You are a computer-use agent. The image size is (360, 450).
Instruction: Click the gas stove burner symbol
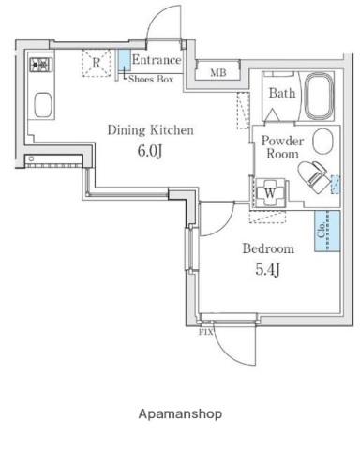(41, 65)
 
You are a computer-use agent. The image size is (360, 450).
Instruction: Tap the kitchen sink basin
(42, 105)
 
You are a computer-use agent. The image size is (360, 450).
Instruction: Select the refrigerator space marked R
(97, 63)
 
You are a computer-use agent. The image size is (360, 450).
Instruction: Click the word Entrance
(157, 60)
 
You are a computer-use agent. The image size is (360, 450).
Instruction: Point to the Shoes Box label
(151, 79)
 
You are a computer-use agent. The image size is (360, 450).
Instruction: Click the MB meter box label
(218, 73)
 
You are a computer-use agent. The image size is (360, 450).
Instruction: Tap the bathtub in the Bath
(319, 96)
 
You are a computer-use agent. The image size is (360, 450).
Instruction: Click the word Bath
(282, 93)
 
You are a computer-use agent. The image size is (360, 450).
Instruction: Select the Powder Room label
(282, 147)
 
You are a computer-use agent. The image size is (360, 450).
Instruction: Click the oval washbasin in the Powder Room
(322, 142)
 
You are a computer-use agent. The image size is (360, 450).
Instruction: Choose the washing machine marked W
(270, 192)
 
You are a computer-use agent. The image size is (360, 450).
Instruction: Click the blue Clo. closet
(327, 231)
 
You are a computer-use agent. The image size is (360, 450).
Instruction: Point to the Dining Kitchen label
(150, 130)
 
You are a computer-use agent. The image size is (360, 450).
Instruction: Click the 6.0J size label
(150, 151)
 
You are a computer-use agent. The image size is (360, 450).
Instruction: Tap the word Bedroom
(268, 248)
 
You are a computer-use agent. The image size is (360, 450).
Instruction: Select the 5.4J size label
(267, 269)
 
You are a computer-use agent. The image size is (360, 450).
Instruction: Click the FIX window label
(205, 332)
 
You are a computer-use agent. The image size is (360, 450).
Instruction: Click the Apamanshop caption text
(180, 413)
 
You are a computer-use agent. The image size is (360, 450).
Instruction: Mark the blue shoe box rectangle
(125, 61)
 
